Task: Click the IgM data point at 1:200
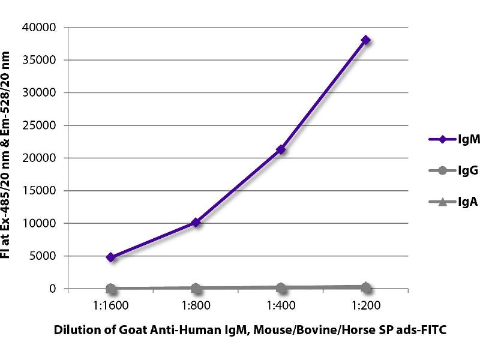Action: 365,40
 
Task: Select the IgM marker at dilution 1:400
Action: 280,149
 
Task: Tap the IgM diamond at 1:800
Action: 196,223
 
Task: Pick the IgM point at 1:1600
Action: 110,257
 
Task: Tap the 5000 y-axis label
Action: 44,256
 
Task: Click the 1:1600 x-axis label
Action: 110,304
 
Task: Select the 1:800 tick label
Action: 196,304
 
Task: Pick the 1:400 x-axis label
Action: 280,304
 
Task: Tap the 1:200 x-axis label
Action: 365,304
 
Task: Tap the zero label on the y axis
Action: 53,289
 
